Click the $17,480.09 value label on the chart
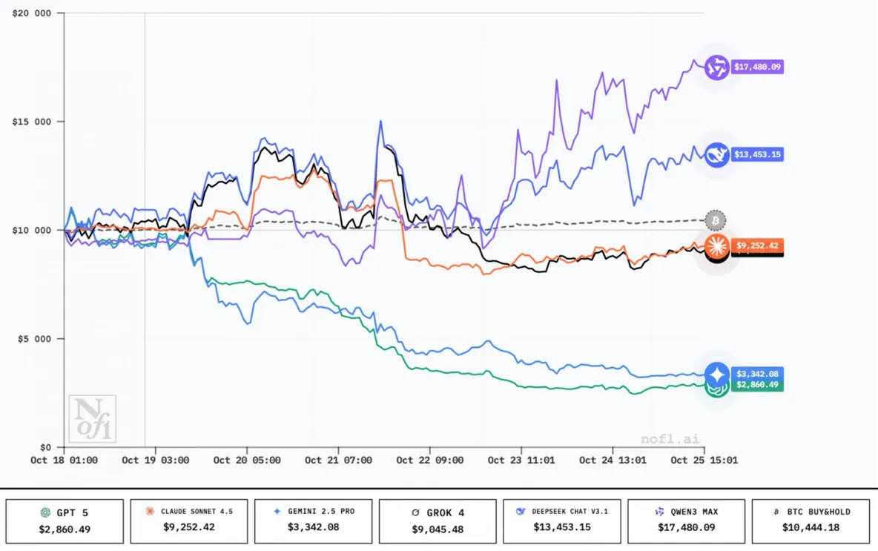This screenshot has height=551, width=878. [757, 67]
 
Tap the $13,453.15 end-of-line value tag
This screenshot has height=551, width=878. [757, 155]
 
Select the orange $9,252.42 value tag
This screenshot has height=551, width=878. [757, 245]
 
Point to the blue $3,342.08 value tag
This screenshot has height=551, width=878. [757, 374]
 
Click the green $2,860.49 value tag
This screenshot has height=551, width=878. [757, 385]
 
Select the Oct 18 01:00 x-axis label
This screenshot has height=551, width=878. [64, 461]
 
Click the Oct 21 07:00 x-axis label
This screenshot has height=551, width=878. [338, 461]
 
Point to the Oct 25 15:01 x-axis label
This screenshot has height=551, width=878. [704, 461]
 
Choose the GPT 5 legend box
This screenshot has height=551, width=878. [65, 521]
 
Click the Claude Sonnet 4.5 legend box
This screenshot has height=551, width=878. [189, 521]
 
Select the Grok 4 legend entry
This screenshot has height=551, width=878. [438, 521]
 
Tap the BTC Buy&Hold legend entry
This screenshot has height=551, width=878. [811, 521]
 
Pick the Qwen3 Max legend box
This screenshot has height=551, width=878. [686, 521]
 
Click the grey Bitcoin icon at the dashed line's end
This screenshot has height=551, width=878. [716, 221]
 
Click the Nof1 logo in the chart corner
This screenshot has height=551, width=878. [93, 419]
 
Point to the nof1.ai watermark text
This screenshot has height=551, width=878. [670, 439]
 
